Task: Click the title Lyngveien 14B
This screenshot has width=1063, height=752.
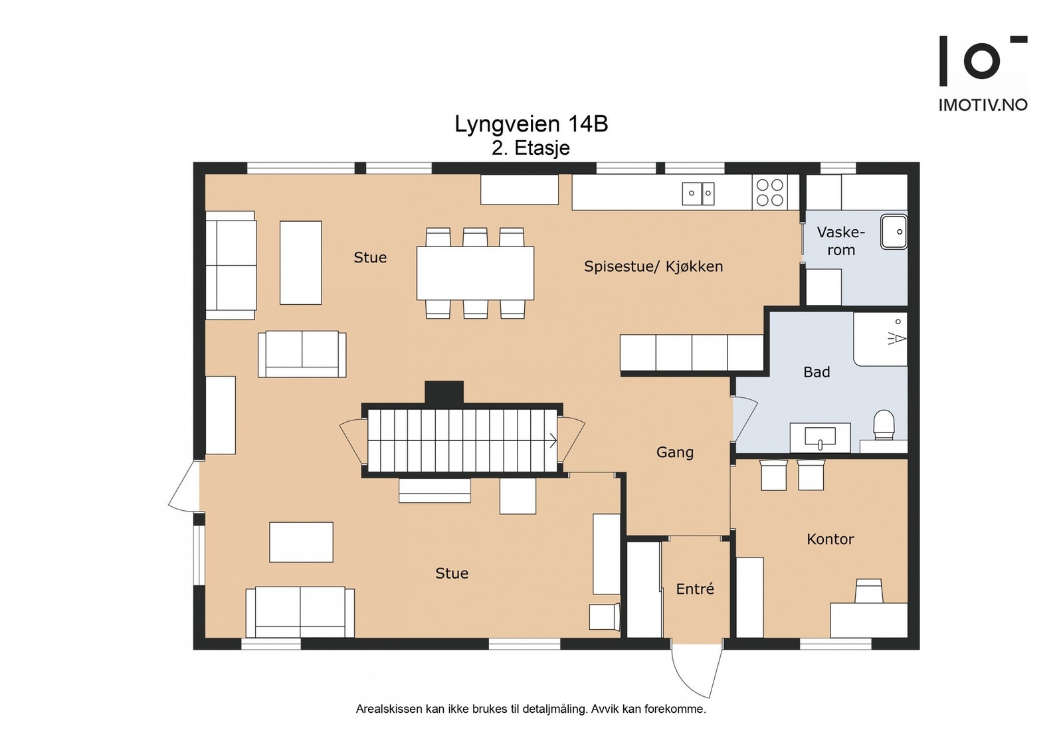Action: coord(531,124)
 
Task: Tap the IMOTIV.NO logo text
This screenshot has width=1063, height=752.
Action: coord(983,105)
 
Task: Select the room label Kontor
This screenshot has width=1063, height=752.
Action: coord(830,539)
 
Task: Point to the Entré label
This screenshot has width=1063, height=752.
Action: coord(695,589)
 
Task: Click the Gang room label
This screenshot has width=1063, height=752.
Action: coord(675,452)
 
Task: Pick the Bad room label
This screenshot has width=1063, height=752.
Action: coord(817,372)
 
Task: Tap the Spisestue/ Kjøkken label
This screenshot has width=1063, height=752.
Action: coord(654,266)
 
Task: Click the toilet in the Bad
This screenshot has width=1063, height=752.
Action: coord(884,424)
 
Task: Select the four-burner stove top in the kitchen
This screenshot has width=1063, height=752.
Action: coord(770,192)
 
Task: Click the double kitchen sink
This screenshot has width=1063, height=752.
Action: coord(698,193)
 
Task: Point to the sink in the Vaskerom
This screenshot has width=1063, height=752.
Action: coord(894,232)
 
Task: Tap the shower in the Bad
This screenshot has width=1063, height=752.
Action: coord(880,339)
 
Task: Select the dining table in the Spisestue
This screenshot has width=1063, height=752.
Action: coord(475,273)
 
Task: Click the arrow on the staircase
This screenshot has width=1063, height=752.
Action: coord(553,440)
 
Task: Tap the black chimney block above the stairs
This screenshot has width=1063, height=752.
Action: coord(444,393)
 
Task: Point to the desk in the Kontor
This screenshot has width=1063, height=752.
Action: coord(868,620)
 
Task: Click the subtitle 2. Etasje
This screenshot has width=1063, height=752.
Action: coord(531,149)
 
